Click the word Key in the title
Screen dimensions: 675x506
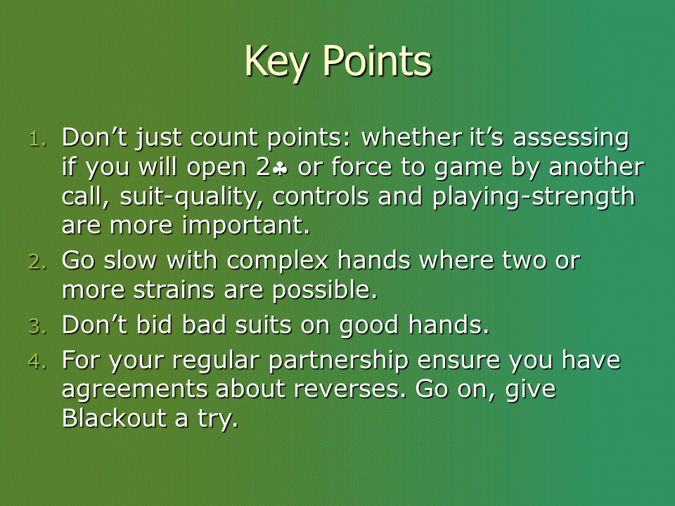click(x=276, y=63)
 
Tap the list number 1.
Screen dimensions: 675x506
click(x=38, y=139)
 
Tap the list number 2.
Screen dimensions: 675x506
click(x=37, y=262)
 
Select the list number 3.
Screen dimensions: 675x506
click(x=37, y=326)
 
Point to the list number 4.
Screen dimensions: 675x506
click(x=37, y=361)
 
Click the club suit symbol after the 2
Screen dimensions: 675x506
click(x=281, y=169)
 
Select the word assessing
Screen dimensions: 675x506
click(x=571, y=138)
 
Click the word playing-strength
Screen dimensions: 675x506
click(x=534, y=197)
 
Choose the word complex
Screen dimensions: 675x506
click(x=278, y=261)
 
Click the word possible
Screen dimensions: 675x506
click(x=325, y=290)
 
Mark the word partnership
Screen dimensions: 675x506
click(x=338, y=361)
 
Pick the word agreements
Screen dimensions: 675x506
click(x=135, y=390)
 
